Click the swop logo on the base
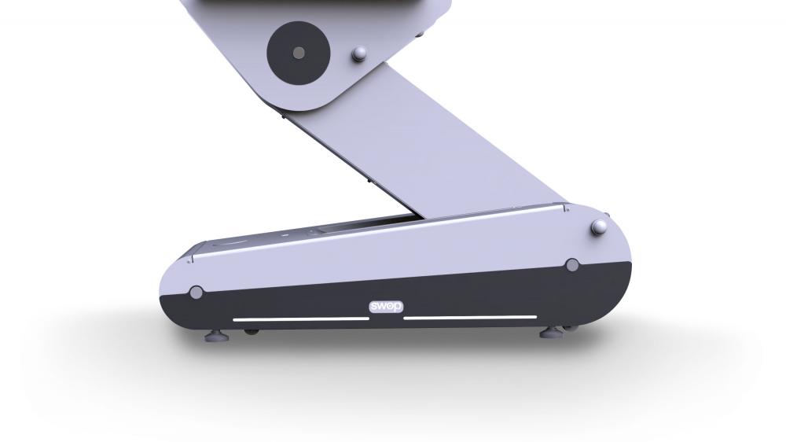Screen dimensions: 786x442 (386, 306)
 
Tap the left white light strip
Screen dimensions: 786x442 (301, 319)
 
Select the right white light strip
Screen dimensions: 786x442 (470, 317)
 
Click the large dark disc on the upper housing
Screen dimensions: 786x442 (298, 53)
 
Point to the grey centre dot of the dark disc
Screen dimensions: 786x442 (298, 53)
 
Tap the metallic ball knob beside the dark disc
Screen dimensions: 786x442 (359, 54)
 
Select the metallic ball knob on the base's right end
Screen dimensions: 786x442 (599, 227)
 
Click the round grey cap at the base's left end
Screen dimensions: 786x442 (196, 293)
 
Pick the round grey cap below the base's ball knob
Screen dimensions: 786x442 (572, 265)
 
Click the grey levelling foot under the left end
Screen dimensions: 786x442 (217, 335)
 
